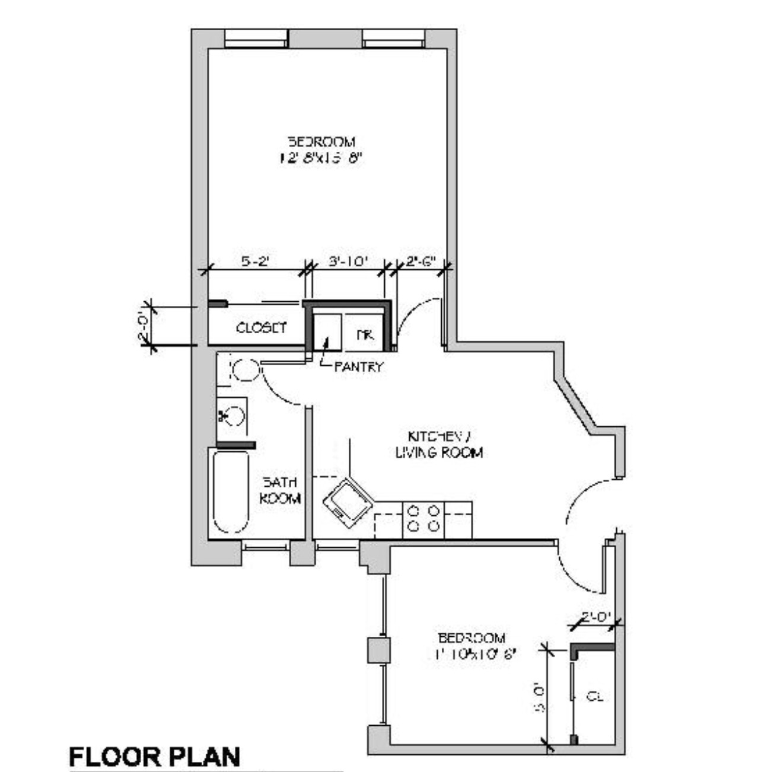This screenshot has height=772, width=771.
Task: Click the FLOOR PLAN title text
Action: tap(155, 757)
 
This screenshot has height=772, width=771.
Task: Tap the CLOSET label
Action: tap(261, 327)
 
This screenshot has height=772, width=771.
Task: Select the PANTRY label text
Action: tap(358, 366)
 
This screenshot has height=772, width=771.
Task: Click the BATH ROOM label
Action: tap(280, 490)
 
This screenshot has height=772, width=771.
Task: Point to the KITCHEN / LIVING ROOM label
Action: tap(439, 444)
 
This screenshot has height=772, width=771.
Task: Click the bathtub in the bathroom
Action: tap(231, 492)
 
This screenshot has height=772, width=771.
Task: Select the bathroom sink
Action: tap(232, 415)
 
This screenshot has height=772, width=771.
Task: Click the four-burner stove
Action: tap(423, 518)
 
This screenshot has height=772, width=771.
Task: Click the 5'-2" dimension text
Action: tap(255, 261)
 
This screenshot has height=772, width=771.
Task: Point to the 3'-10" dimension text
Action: tap(349, 261)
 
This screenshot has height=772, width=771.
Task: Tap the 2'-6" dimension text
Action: tap(421, 261)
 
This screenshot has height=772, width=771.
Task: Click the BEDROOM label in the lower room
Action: tap(471, 638)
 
